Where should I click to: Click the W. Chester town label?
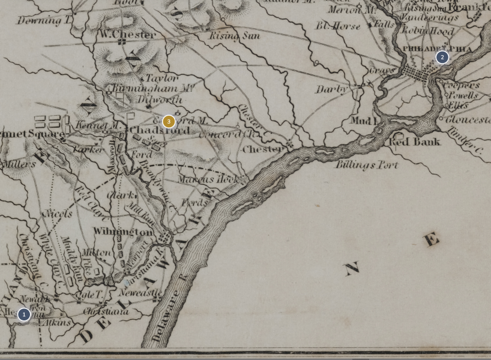[x=127, y=34]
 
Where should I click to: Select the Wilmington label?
[x=123, y=232]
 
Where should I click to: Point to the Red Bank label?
[x=414, y=142]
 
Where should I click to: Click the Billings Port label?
[x=366, y=164]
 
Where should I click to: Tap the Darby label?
[x=331, y=89]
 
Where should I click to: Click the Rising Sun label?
[x=234, y=36]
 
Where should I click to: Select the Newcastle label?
[x=140, y=293]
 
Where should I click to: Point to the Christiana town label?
[x=105, y=311]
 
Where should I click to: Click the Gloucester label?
[x=467, y=120]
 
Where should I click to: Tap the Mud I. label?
[x=363, y=121]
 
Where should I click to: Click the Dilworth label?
[x=159, y=100]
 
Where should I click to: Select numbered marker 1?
[x=23, y=314]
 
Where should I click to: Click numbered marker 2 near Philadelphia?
[x=442, y=58]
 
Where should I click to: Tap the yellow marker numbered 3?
[x=169, y=121]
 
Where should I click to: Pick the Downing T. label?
[x=44, y=20]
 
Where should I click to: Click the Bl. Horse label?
[x=338, y=26]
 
